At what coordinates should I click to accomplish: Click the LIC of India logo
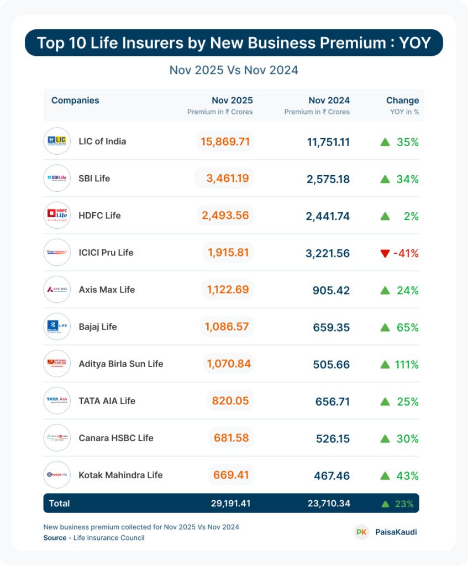(x=57, y=141)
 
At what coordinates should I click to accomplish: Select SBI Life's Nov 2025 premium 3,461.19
(x=225, y=178)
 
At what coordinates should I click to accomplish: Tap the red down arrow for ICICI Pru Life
(x=385, y=254)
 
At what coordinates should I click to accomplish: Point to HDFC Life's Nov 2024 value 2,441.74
(x=328, y=216)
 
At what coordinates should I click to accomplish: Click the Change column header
(x=402, y=101)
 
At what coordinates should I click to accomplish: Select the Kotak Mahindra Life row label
(x=120, y=475)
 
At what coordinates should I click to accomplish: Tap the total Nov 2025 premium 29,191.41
(x=230, y=504)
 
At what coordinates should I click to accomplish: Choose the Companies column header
(x=75, y=101)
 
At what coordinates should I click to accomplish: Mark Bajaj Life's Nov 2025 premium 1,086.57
(x=227, y=327)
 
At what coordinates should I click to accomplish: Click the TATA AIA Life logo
(x=57, y=401)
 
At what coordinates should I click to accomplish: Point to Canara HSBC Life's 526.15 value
(x=332, y=438)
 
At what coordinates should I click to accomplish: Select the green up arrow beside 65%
(x=385, y=327)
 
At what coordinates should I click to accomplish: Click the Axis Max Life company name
(x=107, y=290)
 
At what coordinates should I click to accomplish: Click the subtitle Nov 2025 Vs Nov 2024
(x=234, y=70)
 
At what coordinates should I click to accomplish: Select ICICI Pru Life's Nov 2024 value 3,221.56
(x=328, y=253)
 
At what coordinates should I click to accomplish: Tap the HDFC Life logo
(x=57, y=215)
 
